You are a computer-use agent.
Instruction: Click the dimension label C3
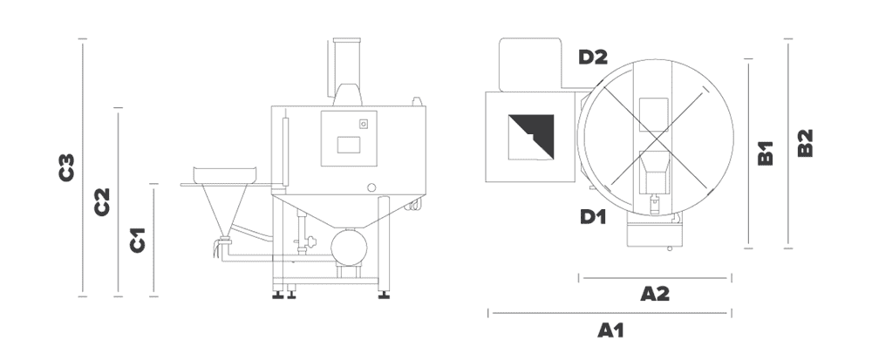(67, 167)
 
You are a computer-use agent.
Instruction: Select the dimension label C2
(102, 201)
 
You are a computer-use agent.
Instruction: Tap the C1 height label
(138, 240)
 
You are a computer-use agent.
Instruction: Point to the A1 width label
(610, 330)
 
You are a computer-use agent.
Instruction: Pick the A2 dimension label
(655, 294)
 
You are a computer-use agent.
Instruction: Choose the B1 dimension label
(766, 153)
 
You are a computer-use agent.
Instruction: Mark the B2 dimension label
(805, 143)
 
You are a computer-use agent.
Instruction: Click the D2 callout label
(593, 57)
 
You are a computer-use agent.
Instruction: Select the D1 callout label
(593, 217)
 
